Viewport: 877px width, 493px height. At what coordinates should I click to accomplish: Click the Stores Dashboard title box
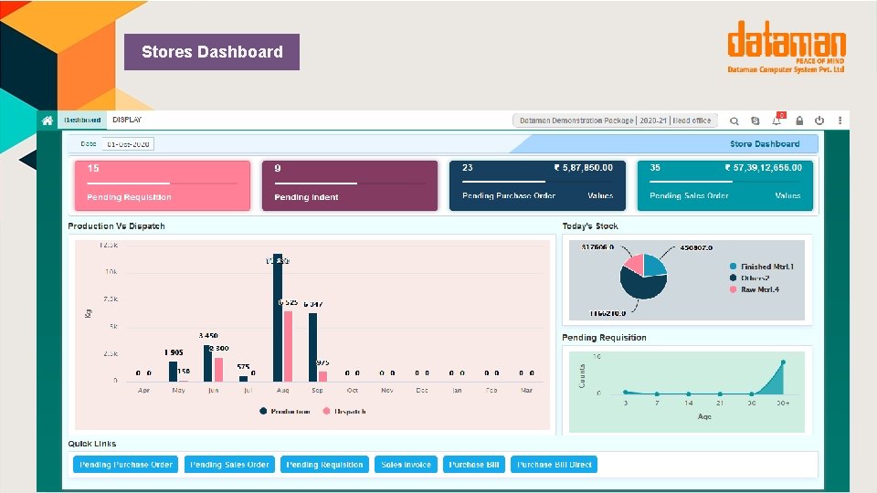click(213, 52)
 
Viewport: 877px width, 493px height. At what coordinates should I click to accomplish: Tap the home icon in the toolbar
click(47, 120)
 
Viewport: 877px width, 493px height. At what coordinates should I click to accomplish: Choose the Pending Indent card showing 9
click(349, 186)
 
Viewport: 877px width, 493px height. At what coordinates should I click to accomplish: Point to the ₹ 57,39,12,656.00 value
click(763, 168)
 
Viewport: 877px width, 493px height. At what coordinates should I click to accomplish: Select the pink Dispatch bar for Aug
click(288, 346)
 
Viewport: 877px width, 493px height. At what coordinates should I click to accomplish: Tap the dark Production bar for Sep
click(312, 347)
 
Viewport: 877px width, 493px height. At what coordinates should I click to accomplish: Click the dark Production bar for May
click(173, 371)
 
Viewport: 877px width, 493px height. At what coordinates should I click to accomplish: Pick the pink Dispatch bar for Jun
click(218, 368)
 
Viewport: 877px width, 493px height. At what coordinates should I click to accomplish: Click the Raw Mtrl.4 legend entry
click(760, 288)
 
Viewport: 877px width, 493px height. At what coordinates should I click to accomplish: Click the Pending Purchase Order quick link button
click(126, 465)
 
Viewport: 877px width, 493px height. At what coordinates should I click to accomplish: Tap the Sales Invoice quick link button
click(406, 465)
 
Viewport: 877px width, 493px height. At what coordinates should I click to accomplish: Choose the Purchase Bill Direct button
click(554, 465)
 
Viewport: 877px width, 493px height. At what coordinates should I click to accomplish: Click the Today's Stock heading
click(590, 226)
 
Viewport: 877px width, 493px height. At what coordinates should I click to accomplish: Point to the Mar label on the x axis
click(525, 391)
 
